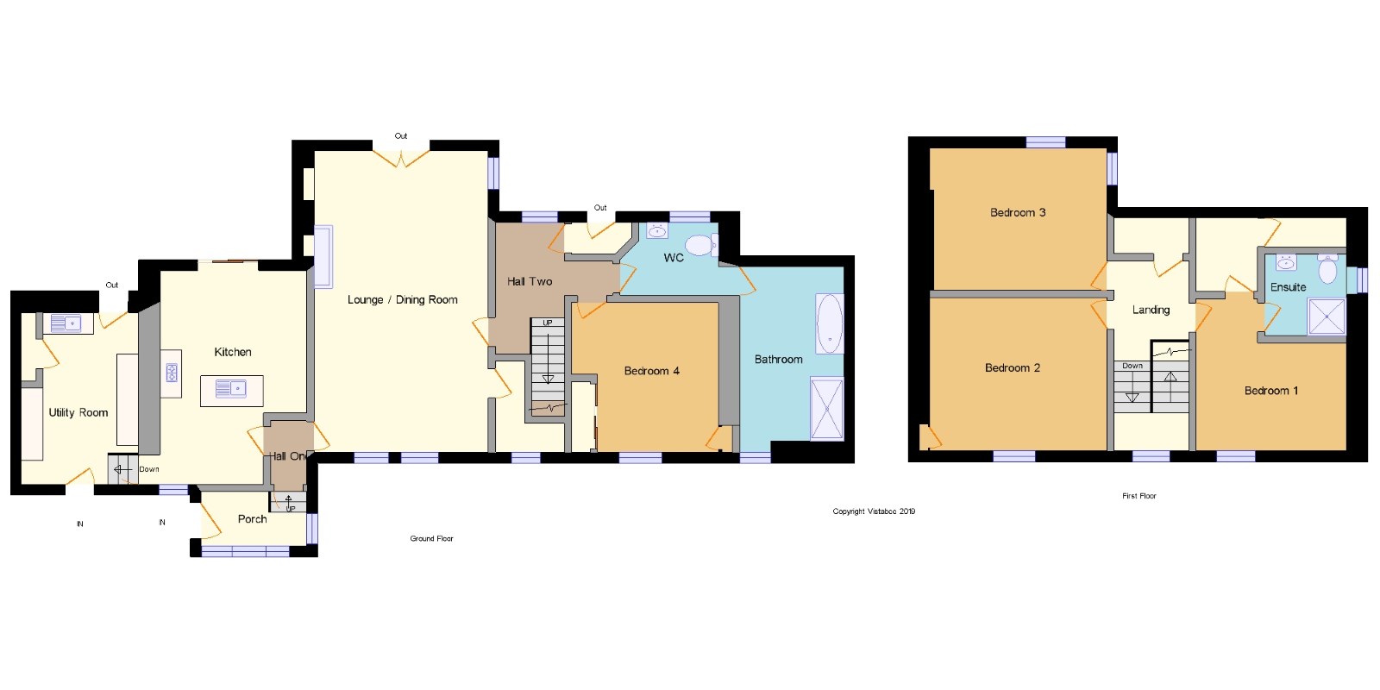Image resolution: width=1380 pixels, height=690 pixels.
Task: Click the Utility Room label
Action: click(78, 413)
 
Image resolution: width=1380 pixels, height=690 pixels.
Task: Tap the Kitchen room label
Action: click(232, 352)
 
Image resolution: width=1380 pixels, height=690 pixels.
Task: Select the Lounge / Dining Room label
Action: click(402, 300)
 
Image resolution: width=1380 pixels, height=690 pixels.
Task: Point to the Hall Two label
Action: click(530, 281)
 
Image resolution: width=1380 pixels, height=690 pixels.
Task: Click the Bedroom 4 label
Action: click(652, 371)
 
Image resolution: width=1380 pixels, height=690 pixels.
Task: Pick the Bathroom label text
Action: click(779, 359)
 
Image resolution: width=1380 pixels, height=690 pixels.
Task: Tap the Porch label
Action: click(253, 519)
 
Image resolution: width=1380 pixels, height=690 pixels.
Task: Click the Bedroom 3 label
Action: click(1018, 212)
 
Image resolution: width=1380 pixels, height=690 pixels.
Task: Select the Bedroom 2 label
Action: click(1013, 367)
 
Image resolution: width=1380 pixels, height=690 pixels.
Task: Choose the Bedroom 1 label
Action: click(1271, 391)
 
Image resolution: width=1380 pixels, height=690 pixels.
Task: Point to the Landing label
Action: click(1151, 310)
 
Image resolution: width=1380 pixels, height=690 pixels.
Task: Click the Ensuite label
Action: click(1289, 287)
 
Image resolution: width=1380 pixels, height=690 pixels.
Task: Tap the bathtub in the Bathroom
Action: click(830, 323)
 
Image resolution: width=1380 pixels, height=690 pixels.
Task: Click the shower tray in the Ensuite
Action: click(1327, 317)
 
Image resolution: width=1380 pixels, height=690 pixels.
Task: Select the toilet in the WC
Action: click(702, 245)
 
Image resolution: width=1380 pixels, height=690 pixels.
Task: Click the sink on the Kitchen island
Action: click(231, 388)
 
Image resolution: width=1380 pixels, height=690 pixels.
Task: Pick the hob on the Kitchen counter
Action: click(172, 373)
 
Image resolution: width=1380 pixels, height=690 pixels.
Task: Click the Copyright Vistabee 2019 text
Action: click(874, 511)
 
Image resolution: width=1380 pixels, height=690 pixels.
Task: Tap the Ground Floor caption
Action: click(432, 538)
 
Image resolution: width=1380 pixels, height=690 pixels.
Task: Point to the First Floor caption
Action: click(1139, 496)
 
